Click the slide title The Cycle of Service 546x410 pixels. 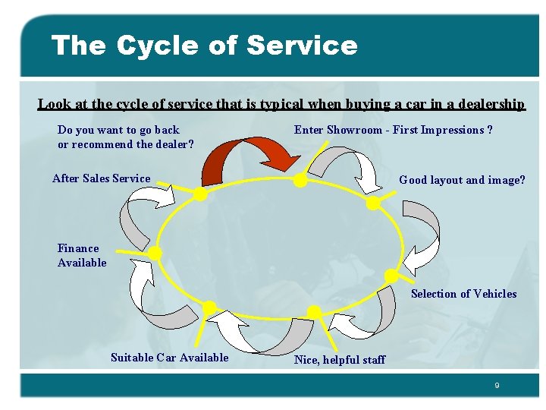[x=204, y=46]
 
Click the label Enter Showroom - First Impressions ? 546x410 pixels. [x=393, y=130]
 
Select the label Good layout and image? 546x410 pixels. [x=462, y=180]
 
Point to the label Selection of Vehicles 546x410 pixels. [x=463, y=294]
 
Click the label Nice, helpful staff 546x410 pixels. [x=339, y=360]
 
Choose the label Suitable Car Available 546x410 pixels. [x=169, y=358]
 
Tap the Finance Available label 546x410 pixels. [x=82, y=255]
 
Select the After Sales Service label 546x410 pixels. [x=101, y=178]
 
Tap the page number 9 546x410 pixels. [x=497, y=386]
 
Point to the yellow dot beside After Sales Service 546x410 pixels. [x=200, y=194]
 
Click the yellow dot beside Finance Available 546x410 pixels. [x=155, y=252]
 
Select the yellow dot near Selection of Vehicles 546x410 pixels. [x=391, y=276]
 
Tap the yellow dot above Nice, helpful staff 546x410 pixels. [x=312, y=312]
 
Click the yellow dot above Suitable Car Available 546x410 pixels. [x=209, y=308]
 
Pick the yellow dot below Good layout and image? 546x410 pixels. [x=373, y=203]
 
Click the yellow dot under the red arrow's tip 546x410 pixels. [x=300, y=181]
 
